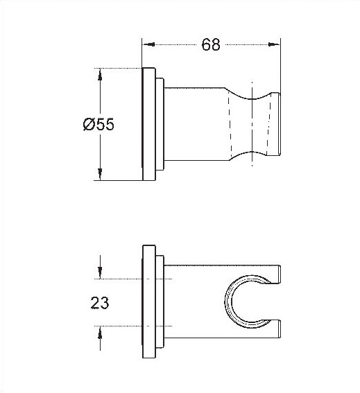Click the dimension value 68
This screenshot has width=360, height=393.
click(211, 45)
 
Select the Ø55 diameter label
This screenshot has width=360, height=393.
click(98, 125)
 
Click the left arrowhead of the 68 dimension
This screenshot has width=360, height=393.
click(147, 45)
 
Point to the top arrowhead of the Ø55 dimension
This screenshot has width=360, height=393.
click(101, 73)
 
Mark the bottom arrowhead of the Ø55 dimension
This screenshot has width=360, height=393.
click(101, 177)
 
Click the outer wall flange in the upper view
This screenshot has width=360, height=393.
click(148, 125)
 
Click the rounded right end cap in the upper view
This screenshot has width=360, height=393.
click(277, 125)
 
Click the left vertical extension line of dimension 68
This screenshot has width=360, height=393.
click(142, 52)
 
